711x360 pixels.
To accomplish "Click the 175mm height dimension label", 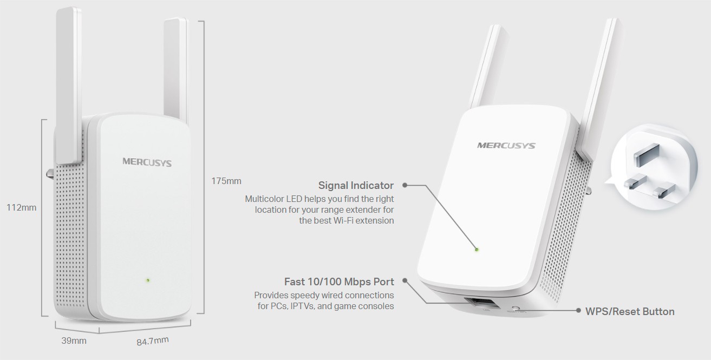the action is tap(226, 181).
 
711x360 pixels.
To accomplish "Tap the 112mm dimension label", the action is tap(21, 207).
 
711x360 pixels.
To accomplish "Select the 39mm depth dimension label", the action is tap(74, 341).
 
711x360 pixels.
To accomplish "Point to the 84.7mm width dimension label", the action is tap(153, 341).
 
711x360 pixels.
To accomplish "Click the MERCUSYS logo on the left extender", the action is tap(147, 162).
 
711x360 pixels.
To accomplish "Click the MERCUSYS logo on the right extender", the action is tap(506, 145).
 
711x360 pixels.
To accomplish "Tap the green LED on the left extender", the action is tap(148, 280).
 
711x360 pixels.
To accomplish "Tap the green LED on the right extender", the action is tap(477, 250).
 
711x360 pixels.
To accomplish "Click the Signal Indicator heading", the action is tap(356, 185).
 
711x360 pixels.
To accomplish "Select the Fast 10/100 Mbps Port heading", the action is tap(339, 282).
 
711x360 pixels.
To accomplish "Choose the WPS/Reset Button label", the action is tap(630, 311).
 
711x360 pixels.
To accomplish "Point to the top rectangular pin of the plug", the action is tap(646, 154).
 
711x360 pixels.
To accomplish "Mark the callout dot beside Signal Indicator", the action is tap(405, 185).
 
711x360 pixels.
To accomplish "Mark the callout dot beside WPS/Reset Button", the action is tap(578, 311).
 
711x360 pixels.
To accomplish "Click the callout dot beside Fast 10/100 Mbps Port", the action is tap(405, 280).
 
